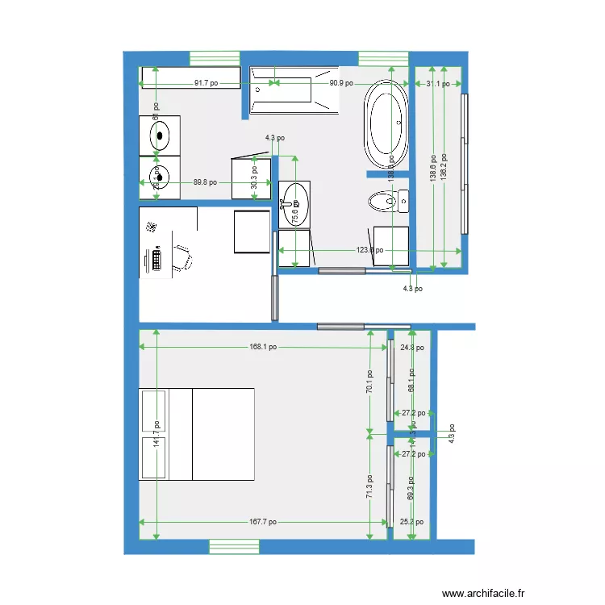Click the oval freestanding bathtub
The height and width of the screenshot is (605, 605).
[x=387, y=123]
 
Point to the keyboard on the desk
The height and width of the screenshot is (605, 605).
[x=155, y=260]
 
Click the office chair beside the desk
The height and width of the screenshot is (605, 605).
[x=183, y=257]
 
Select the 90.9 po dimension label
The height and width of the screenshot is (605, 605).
[x=341, y=83]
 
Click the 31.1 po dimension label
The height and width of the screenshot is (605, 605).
[x=438, y=84]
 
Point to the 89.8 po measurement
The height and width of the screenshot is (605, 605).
[x=205, y=182]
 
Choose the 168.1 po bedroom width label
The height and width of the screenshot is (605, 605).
[x=263, y=347]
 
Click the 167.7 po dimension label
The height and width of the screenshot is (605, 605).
[x=262, y=522]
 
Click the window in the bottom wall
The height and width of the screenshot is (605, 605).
[x=235, y=547]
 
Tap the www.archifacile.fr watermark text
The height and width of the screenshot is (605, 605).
[x=483, y=592]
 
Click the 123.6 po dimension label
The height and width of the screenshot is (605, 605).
[x=369, y=250]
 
